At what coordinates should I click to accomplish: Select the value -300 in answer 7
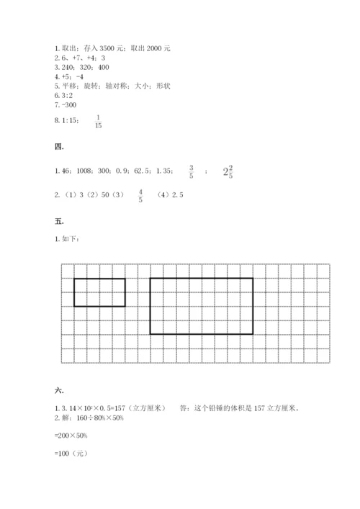click(x=70, y=104)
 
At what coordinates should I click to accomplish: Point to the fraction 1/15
click(x=99, y=122)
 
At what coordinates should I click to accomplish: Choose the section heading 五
click(x=60, y=222)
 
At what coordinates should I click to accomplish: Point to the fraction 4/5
click(x=140, y=195)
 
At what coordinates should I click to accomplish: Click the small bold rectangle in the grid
click(x=99, y=292)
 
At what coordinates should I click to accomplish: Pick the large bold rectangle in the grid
click(x=201, y=306)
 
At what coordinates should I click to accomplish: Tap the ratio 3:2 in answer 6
click(x=69, y=95)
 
